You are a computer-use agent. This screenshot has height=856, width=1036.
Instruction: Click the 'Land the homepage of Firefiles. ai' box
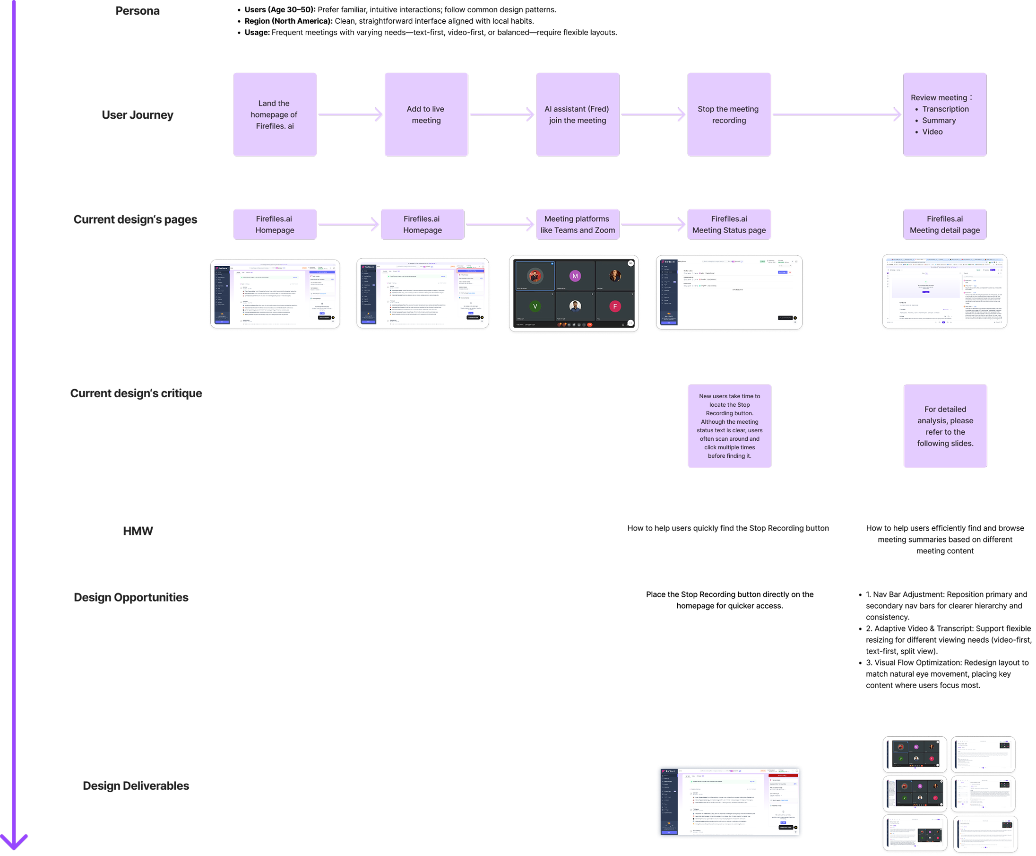(x=275, y=114)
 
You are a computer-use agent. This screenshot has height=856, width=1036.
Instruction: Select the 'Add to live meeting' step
(x=426, y=114)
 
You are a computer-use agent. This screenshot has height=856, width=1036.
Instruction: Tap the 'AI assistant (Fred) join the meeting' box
(x=577, y=114)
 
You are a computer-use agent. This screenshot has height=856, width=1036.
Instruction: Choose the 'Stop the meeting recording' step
(x=728, y=114)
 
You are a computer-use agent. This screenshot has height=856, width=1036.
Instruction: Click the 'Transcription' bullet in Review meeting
(x=945, y=109)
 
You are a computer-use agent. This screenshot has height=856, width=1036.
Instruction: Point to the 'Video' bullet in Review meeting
(x=932, y=131)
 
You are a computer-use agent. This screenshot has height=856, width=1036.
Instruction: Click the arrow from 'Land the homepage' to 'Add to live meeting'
(x=350, y=114)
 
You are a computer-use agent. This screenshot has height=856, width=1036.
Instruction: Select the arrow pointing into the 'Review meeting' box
(x=837, y=114)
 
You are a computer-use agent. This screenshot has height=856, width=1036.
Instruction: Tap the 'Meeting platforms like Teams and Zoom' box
(x=577, y=224)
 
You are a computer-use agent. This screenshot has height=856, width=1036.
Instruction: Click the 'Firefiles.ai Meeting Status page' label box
(x=728, y=224)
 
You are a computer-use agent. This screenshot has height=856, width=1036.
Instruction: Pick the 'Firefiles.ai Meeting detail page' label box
(x=944, y=224)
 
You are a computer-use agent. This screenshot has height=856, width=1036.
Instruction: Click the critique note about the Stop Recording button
(x=729, y=426)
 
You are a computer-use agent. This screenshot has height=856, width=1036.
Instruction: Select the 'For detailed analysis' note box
(x=945, y=426)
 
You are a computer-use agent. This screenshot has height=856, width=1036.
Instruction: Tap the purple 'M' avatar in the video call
(x=575, y=276)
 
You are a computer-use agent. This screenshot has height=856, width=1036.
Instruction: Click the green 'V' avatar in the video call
(x=535, y=306)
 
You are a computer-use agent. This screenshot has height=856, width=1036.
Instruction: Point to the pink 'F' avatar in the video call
(x=614, y=306)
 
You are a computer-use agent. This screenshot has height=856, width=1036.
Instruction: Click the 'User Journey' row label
(x=138, y=115)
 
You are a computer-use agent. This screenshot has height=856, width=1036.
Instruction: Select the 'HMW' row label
(x=138, y=531)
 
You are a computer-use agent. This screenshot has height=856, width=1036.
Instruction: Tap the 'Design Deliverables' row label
(x=136, y=786)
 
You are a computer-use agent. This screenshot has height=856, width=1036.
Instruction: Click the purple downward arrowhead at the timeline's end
(x=14, y=841)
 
